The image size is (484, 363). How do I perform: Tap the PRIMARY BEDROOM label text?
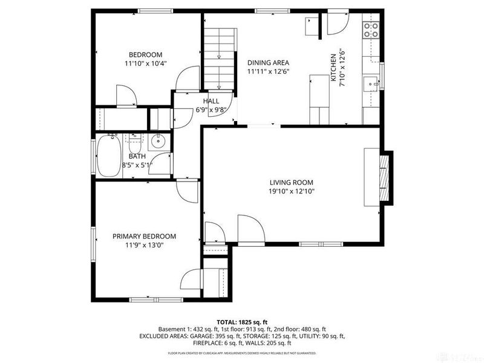click(144, 236)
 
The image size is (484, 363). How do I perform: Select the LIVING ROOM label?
click(292, 182)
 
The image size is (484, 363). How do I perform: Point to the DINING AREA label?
click(268, 62)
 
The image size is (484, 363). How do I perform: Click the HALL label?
click(211, 101)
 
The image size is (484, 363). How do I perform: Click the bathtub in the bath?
click(109, 156)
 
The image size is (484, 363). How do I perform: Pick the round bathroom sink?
click(159, 143)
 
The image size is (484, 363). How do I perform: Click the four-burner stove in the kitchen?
click(370, 30)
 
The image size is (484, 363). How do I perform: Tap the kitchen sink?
click(370, 83)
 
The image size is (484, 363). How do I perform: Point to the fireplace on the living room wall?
click(382, 177)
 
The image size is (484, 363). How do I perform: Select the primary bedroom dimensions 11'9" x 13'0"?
click(144, 245)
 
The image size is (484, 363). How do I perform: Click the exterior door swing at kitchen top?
click(336, 23)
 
